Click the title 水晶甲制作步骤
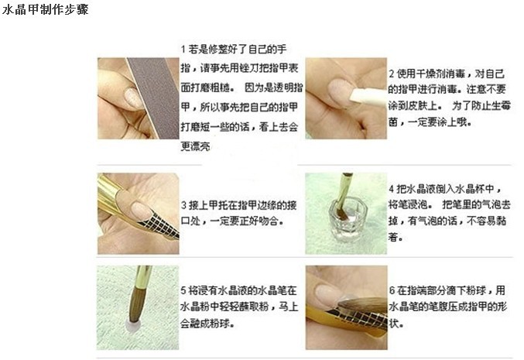coord(45,9)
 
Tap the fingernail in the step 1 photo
coord(134,98)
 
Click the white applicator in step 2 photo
coord(368,97)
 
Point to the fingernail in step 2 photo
coord(341,90)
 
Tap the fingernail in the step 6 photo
coord(329,294)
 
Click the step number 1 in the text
coord(183,50)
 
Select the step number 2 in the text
coord(392,74)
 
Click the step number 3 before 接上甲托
coord(183,205)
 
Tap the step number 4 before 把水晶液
coord(392,189)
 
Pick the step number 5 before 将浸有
coord(183,290)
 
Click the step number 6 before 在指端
coord(392,290)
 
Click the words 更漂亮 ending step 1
coord(196,146)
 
